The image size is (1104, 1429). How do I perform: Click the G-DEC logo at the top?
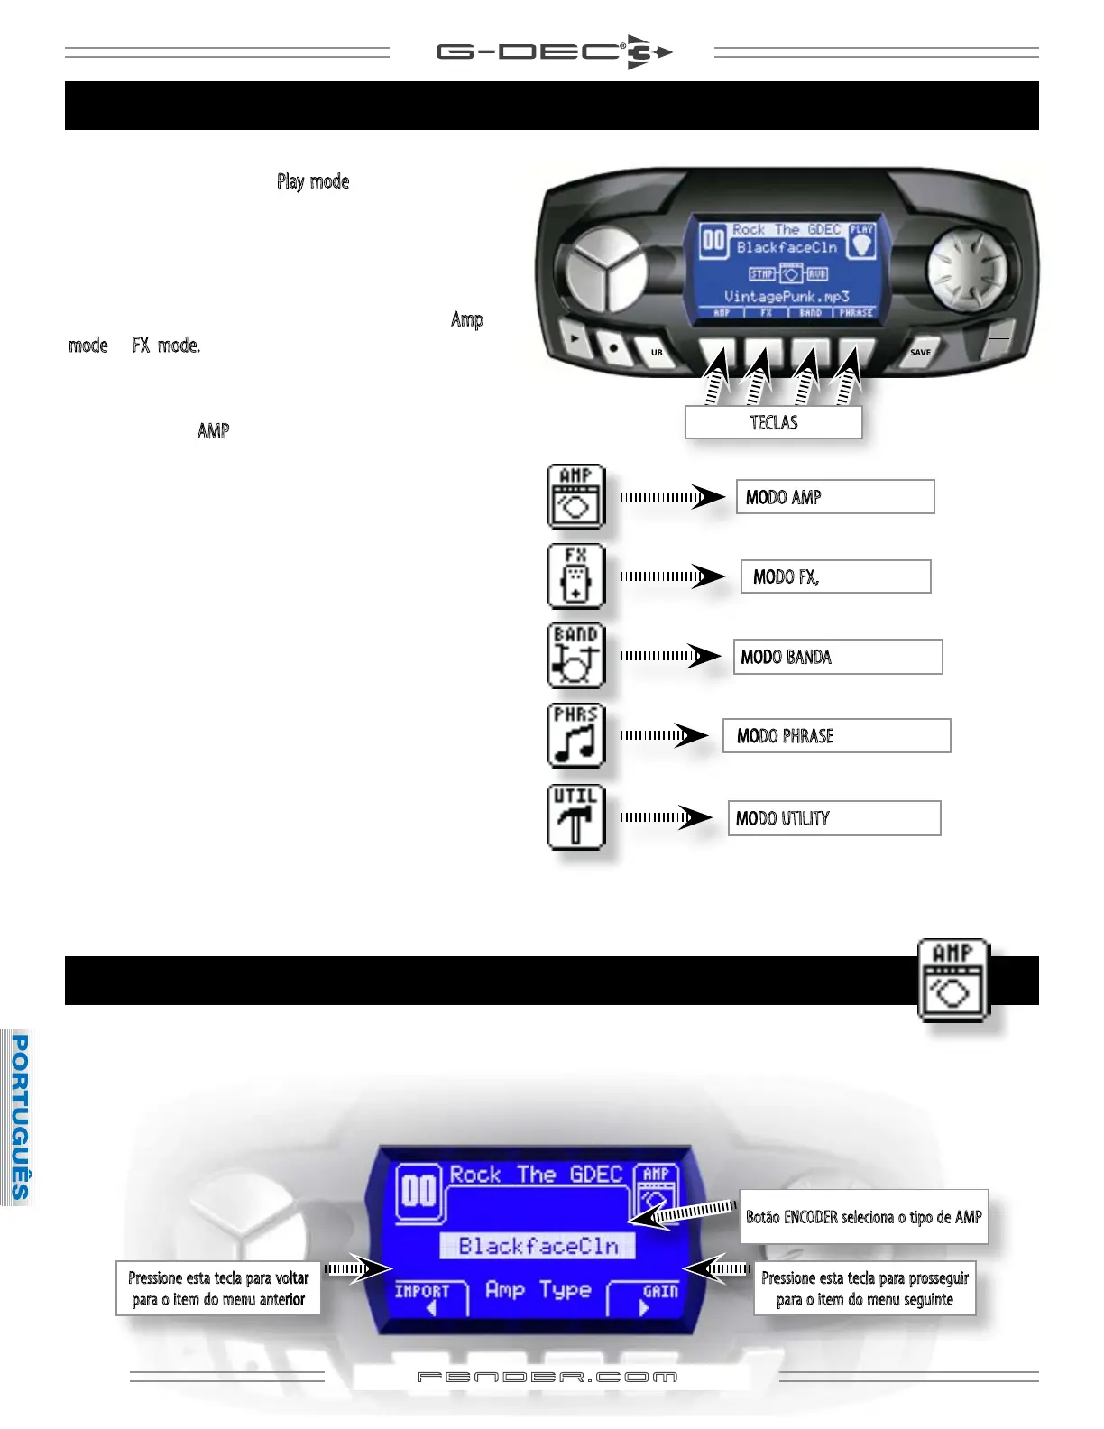pyautogui.click(x=554, y=52)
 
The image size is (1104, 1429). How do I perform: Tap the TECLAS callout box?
pyautogui.click(x=773, y=422)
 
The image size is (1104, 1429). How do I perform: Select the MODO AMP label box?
pyautogui.click(x=834, y=497)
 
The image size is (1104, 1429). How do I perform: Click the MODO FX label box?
pyautogui.click(x=835, y=576)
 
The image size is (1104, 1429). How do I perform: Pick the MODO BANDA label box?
pyautogui.click(x=837, y=657)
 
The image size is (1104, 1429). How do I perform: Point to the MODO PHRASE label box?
pyautogui.click(x=836, y=736)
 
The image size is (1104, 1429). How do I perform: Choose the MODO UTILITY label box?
pyautogui.click(x=833, y=818)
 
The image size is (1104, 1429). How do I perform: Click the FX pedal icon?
pyautogui.click(x=575, y=576)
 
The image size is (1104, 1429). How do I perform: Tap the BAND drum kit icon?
pyautogui.click(x=575, y=656)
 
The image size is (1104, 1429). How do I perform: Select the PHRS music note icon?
pyautogui.click(x=575, y=735)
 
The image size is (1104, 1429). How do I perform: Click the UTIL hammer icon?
pyautogui.click(x=575, y=817)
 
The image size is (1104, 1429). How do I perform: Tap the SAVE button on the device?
pyautogui.click(x=919, y=352)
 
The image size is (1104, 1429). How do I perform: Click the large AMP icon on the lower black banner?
pyautogui.click(x=953, y=981)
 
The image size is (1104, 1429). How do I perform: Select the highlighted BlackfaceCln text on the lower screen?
pyautogui.click(x=538, y=1246)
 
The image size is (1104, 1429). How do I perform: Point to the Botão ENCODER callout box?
pyautogui.click(x=863, y=1217)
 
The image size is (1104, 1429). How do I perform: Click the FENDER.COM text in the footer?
pyautogui.click(x=547, y=1378)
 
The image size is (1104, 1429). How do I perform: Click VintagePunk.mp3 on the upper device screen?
pyautogui.click(x=787, y=296)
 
